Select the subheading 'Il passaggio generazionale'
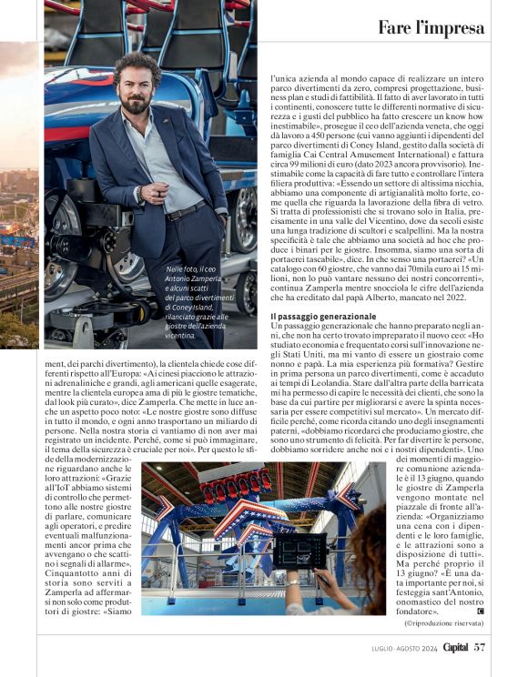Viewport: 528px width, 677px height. [323, 341]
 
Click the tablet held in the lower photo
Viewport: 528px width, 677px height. [300, 550]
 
